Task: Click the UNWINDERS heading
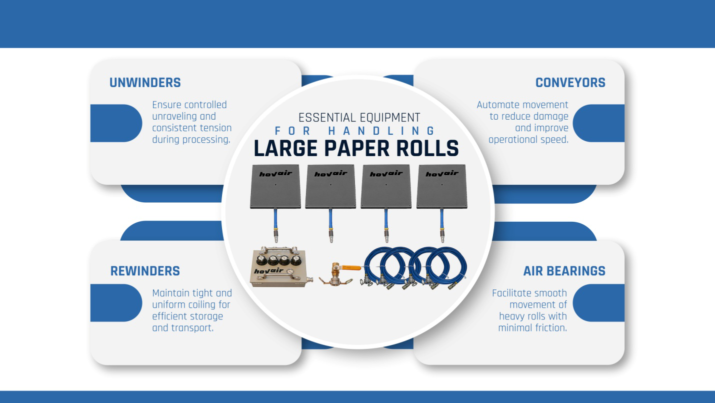pos(145,83)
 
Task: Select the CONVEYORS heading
pos(570,83)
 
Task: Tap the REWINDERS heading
pos(145,271)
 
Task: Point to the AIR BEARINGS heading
pos(564,271)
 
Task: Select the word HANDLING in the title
pos(381,131)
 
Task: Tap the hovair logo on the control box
pos(265,272)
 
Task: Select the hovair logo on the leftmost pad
pos(275,174)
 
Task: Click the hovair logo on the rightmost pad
pos(441,174)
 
